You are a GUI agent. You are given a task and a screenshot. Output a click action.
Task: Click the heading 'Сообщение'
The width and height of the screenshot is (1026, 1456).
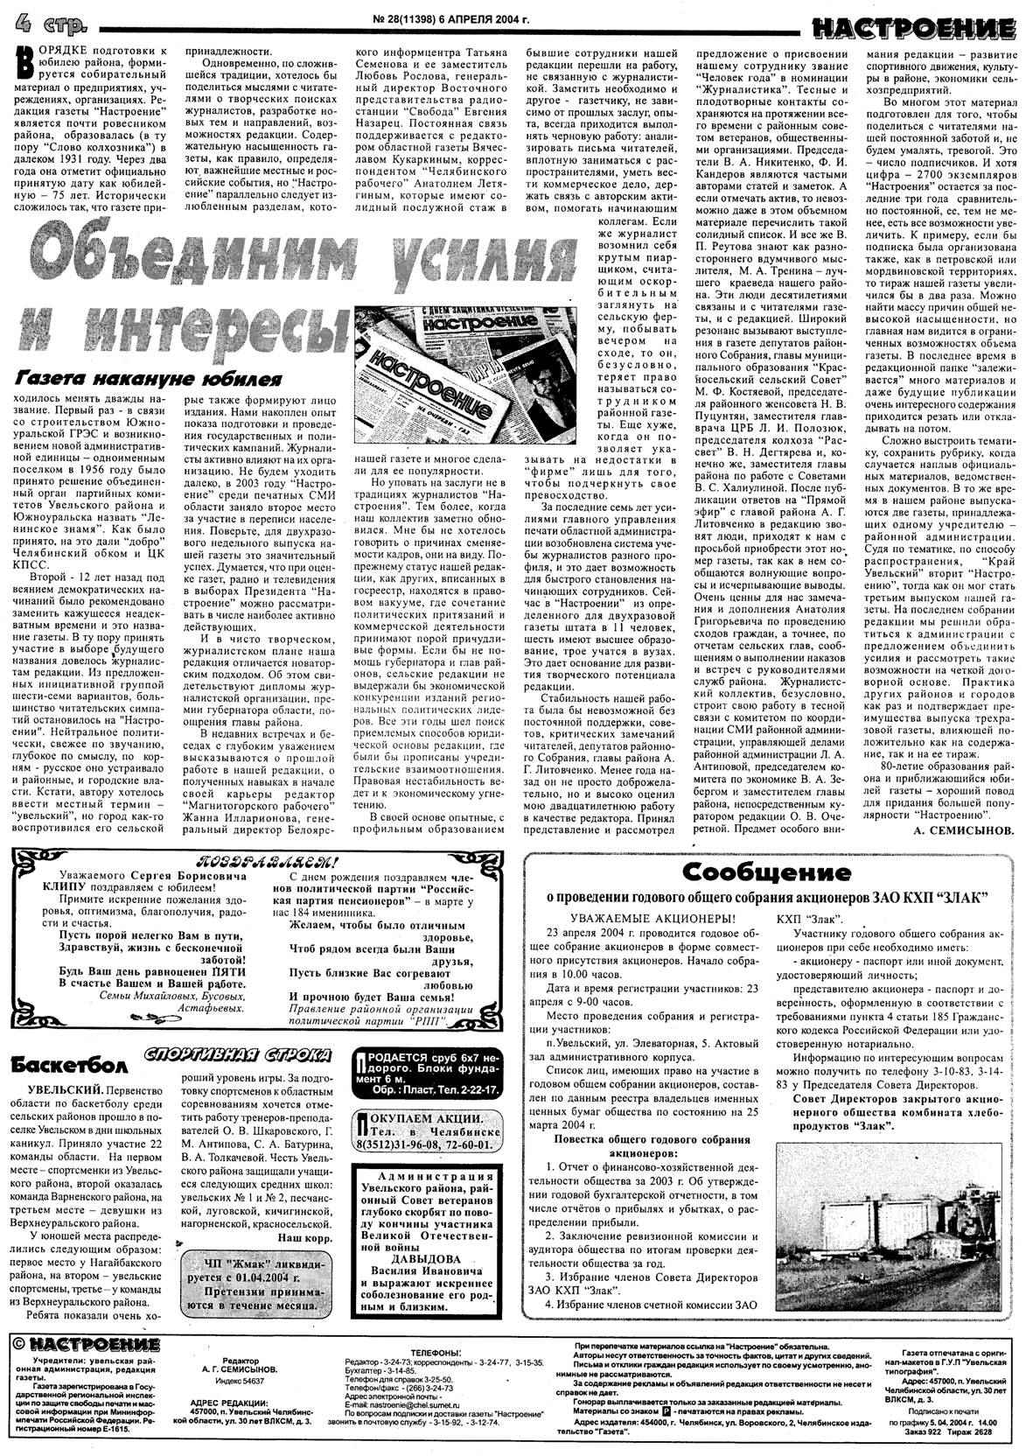point(767,871)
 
